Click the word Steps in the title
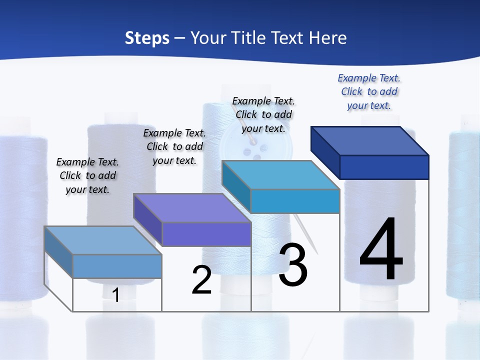[x=147, y=38]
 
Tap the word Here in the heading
[x=328, y=38]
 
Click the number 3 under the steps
[x=293, y=265]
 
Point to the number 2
[x=201, y=280]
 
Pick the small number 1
[x=116, y=295]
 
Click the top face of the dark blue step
[x=370, y=141]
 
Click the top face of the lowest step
[x=103, y=240]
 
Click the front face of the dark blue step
[x=384, y=167]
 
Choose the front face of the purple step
[x=206, y=234]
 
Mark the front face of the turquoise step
[x=295, y=201]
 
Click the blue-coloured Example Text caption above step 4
[x=369, y=91]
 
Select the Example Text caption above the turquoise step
[x=263, y=114]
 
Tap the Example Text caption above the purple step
[x=174, y=146]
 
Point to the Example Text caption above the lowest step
[x=87, y=175]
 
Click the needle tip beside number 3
[x=316, y=251]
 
